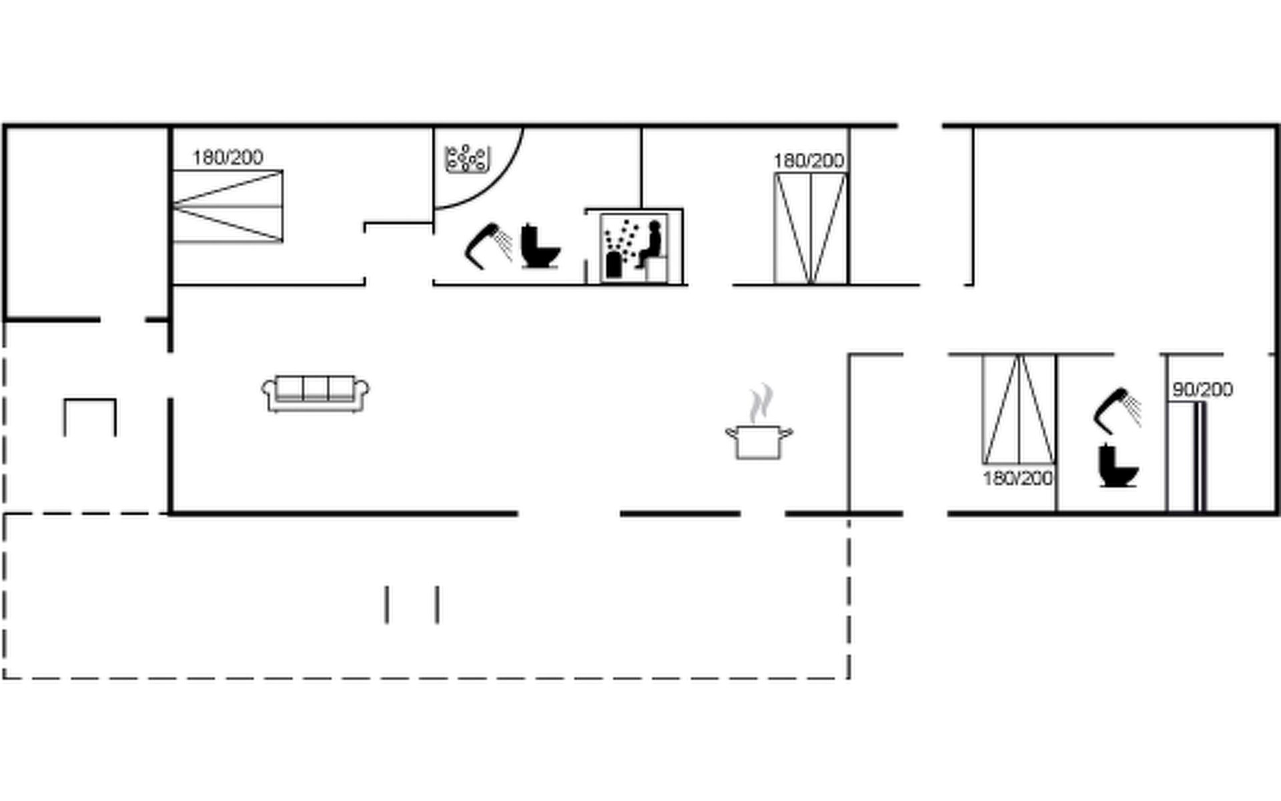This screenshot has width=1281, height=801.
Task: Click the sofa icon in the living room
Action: pyautogui.click(x=316, y=394)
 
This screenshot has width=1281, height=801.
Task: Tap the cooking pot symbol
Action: pyautogui.click(x=759, y=443)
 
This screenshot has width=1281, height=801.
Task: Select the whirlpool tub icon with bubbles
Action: pyautogui.click(x=467, y=159)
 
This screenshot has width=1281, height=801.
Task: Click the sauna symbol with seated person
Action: pyautogui.click(x=634, y=247)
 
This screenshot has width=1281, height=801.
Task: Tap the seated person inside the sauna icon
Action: pyautogui.click(x=651, y=244)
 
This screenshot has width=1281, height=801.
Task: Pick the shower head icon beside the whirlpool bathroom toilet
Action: pyautogui.click(x=488, y=246)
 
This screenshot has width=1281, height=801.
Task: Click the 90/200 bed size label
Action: pyautogui.click(x=1202, y=390)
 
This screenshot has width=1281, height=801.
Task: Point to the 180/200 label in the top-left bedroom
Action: pyautogui.click(x=228, y=158)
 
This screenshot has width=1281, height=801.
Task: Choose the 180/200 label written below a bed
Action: pyautogui.click(x=1017, y=478)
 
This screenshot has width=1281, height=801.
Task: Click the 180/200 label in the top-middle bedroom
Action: pyautogui.click(x=809, y=161)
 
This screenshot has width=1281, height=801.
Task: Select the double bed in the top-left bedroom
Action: pyautogui.click(x=228, y=206)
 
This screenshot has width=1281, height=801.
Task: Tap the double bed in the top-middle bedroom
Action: pyautogui.click(x=810, y=228)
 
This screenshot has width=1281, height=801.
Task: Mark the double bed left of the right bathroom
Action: pyautogui.click(x=1019, y=409)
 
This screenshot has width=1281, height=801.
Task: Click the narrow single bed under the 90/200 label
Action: pyautogui.click(x=1200, y=457)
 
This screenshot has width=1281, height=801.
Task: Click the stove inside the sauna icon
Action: pyautogui.click(x=613, y=264)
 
